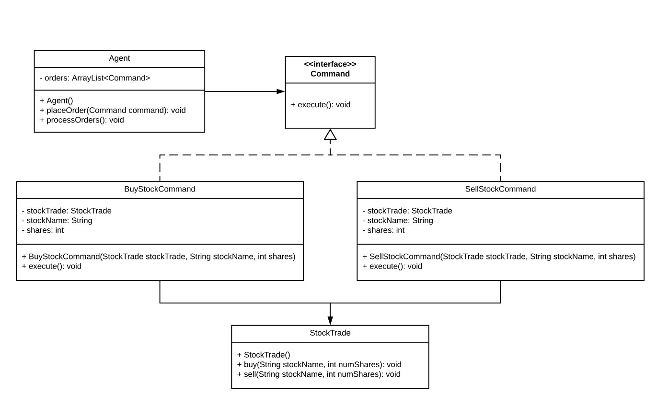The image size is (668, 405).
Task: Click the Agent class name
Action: click(x=119, y=58)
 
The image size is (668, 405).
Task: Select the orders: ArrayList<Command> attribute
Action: click(x=95, y=78)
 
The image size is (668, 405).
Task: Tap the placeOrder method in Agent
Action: click(x=113, y=110)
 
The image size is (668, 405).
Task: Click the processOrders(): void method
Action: click(x=82, y=120)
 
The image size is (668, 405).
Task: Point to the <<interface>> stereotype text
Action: click(x=330, y=64)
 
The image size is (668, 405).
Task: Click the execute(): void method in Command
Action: click(x=321, y=104)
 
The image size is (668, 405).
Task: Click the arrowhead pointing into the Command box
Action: click(x=280, y=91)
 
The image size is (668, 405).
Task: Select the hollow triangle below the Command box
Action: click(x=330, y=135)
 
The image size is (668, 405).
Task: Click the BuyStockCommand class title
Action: click(x=160, y=189)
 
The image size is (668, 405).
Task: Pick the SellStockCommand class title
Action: click(x=500, y=189)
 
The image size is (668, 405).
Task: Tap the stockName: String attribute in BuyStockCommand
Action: click(x=57, y=220)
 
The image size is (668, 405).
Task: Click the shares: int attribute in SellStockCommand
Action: click(x=383, y=230)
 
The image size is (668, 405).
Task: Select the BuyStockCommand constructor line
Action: click(x=159, y=257)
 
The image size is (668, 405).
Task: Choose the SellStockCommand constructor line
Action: click(x=499, y=257)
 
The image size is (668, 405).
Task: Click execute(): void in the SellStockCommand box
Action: click(x=392, y=266)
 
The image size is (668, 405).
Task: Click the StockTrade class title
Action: click(x=330, y=333)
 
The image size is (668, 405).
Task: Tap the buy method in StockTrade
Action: click(x=319, y=364)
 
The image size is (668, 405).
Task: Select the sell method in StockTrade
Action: click(x=319, y=374)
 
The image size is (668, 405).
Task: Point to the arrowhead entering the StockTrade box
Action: click(x=330, y=320)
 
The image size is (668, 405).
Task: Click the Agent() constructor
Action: click(x=57, y=101)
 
